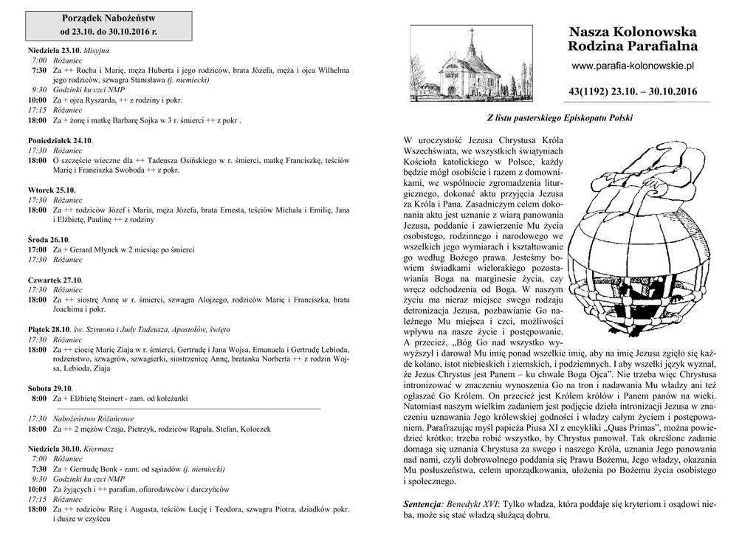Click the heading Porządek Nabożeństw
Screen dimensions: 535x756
[109, 17]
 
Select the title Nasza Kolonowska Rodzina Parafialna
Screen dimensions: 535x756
[633, 39]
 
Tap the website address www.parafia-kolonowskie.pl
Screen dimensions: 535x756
[633, 66]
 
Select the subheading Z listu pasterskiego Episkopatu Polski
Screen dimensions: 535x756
[559, 118]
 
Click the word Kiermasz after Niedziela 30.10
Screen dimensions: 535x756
[98, 448]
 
